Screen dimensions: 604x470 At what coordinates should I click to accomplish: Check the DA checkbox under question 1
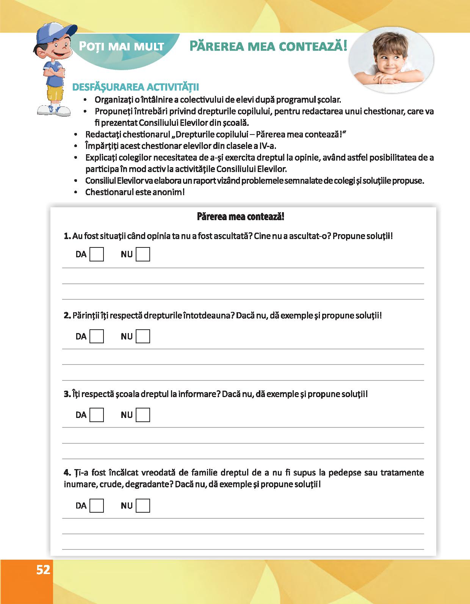click(x=97, y=254)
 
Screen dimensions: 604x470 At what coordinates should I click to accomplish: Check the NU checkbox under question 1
click(x=143, y=254)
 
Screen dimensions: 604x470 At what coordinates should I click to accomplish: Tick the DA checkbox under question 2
click(x=97, y=336)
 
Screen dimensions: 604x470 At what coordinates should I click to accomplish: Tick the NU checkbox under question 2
click(x=143, y=336)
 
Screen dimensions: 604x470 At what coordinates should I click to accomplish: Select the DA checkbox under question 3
click(x=97, y=415)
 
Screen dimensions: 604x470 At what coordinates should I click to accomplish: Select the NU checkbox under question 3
click(x=143, y=415)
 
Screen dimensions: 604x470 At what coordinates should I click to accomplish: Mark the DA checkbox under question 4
click(x=97, y=506)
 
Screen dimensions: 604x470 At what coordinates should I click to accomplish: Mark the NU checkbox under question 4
click(x=143, y=506)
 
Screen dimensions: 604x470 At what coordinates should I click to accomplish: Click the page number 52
click(x=43, y=570)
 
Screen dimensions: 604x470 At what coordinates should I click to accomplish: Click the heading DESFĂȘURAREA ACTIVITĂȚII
click(x=135, y=87)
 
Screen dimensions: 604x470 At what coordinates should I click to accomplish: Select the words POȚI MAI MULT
click(x=122, y=47)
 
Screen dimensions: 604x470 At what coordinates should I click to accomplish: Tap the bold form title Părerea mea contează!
click(x=241, y=217)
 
